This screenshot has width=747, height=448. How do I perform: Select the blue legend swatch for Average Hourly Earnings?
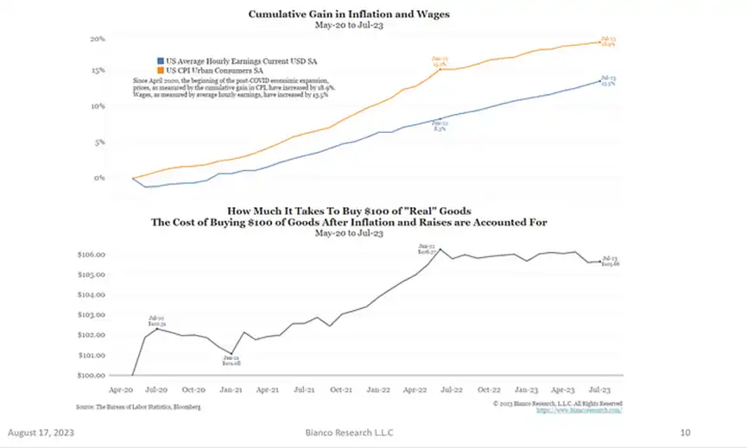(x=160, y=60)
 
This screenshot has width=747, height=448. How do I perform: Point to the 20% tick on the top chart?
(x=98, y=40)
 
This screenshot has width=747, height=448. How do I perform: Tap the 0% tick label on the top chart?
(x=100, y=178)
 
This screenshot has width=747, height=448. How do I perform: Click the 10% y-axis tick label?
(x=98, y=107)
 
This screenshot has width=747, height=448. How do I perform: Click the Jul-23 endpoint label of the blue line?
(x=607, y=81)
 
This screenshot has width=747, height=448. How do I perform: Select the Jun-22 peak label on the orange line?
(x=439, y=61)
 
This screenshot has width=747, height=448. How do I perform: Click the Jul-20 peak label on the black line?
(x=155, y=321)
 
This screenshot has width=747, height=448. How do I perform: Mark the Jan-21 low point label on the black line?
(x=231, y=361)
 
